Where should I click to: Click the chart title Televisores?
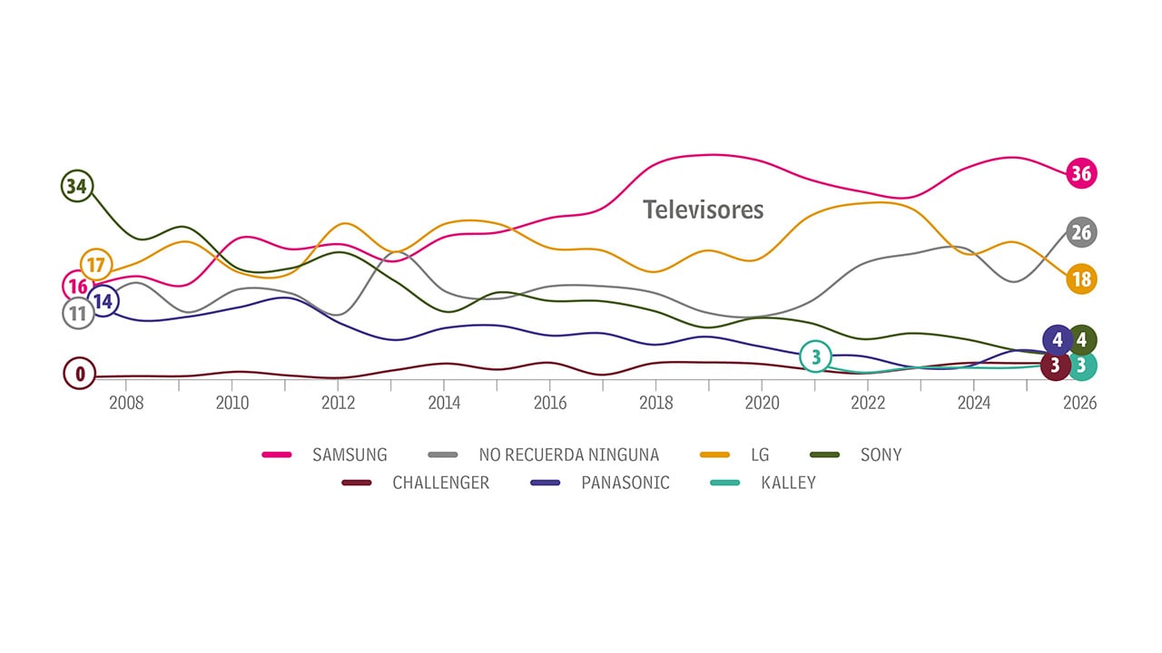coord(704,210)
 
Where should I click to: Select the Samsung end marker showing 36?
coord(1080,173)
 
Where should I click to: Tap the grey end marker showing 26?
coord(1080,232)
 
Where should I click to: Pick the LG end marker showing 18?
coord(1080,279)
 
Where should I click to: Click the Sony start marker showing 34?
coord(77,187)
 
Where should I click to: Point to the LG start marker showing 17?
coord(96,265)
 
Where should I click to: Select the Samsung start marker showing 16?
coord(77,287)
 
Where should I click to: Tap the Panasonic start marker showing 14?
coord(103,301)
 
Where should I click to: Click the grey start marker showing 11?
coord(77,314)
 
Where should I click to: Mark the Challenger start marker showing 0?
coord(79,373)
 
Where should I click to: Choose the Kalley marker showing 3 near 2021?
coord(815,357)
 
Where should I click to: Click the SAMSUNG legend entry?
coord(350,454)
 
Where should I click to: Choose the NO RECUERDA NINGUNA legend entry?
coord(568,454)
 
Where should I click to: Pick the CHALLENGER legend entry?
coord(440,482)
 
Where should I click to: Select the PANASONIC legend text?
coord(625,482)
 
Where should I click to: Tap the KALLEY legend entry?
coord(788,482)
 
